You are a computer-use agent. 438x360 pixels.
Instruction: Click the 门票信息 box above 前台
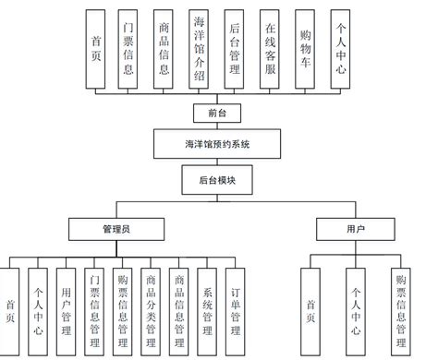(x=128, y=50)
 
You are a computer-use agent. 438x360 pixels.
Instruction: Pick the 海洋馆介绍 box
(x=201, y=50)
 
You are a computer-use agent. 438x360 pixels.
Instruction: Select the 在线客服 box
(x=273, y=50)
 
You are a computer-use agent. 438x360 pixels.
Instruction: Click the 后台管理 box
(x=237, y=50)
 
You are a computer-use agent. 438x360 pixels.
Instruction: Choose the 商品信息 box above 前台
(x=164, y=50)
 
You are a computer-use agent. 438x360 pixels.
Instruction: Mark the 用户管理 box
(x=65, y=309)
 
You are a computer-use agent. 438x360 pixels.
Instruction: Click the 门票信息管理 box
(x=94, y=309)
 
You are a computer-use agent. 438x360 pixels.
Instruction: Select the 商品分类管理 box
(x=151, y=309)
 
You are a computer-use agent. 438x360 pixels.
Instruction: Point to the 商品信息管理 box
(x=179, y=309)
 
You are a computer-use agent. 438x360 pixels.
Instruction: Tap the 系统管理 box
(x=207, y=309)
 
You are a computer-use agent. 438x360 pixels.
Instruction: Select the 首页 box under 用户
(x=310, y=309)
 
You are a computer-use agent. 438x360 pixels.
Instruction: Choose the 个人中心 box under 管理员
(x=37, y=309)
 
